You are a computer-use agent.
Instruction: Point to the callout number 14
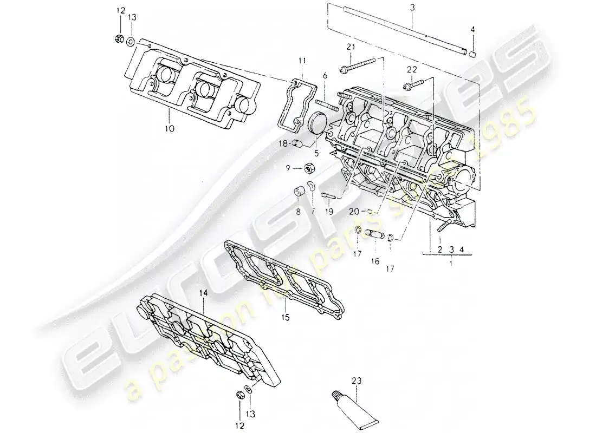point(203,292)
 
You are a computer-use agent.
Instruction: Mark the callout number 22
point(413,70)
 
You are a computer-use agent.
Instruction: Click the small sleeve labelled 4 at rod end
point(472,54)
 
